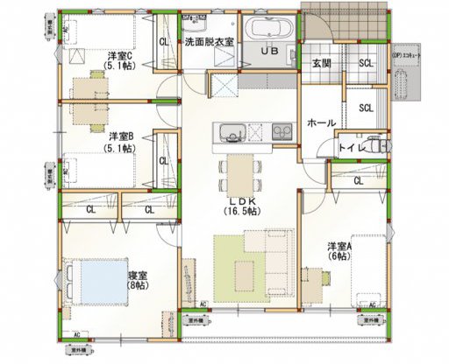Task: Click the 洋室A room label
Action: pos(339,245)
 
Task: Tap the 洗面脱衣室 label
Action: pos(208,41)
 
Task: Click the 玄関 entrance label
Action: pos(322,63)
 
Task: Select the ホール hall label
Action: pos(321,123)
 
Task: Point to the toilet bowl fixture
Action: pos(377,145)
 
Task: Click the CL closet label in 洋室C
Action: pos(164,41)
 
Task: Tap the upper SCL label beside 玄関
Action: pos(366,62)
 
